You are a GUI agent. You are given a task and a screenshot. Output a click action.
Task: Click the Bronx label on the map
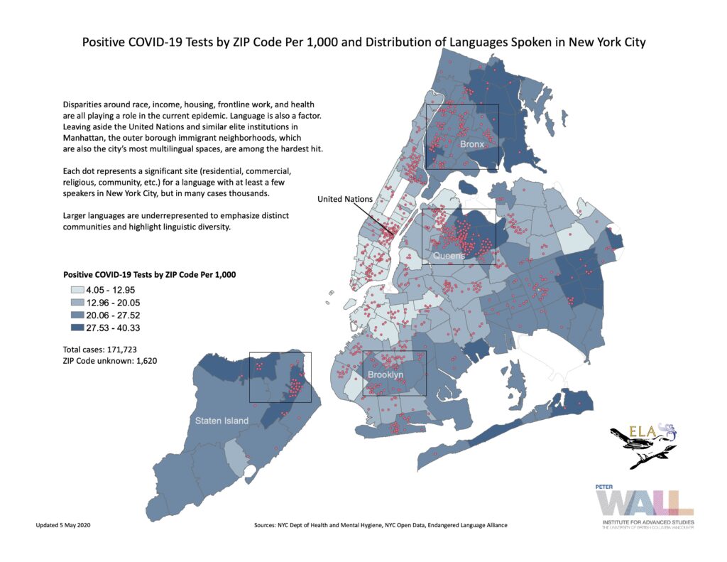click(471, 144)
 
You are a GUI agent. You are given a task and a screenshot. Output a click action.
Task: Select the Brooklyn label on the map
click(386, 374)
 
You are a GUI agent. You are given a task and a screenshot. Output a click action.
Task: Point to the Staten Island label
click(222, 421)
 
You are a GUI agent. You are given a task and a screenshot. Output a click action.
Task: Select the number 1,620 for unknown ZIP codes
click(142, 361)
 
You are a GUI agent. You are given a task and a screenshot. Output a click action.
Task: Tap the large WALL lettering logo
click(643, 503)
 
